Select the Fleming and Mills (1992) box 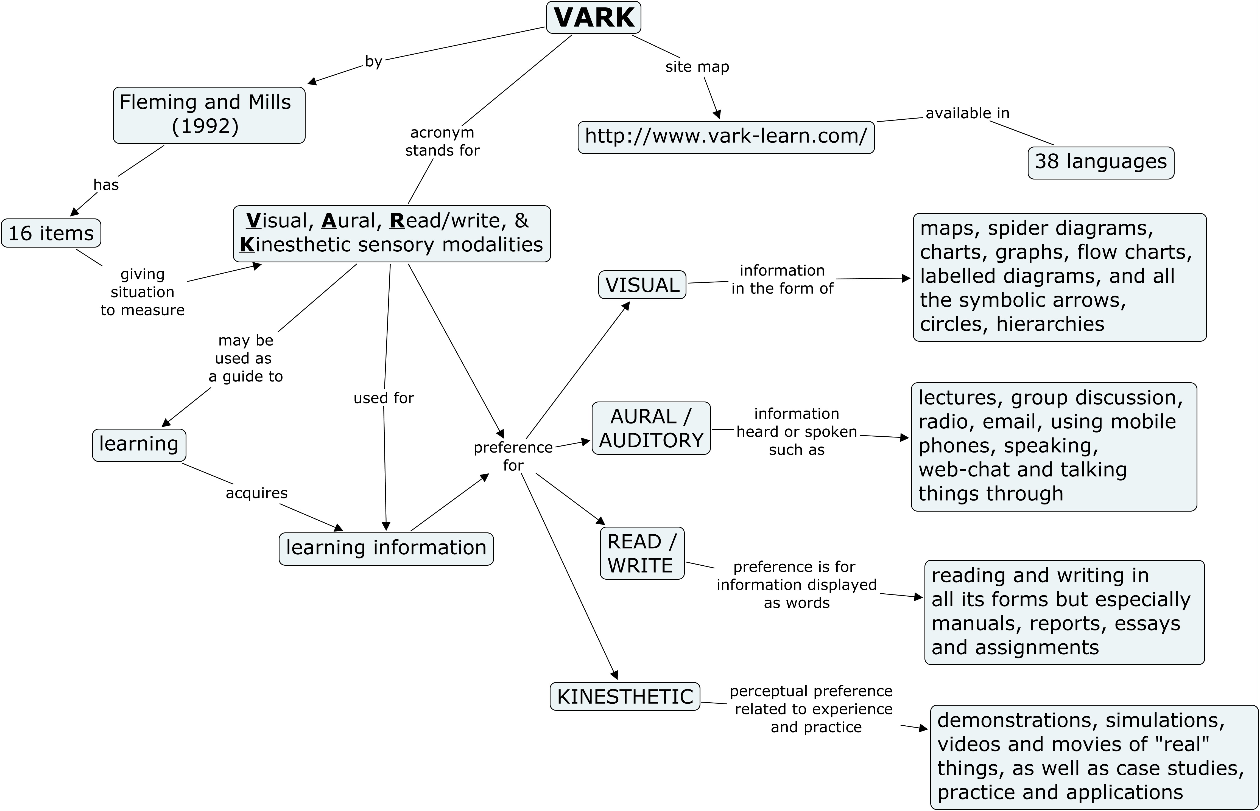(209, 115)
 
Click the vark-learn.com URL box (726, 137)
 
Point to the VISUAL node (642, 285)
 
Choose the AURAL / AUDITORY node (651, 428)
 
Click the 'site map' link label (697, 67)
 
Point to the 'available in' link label (967, 113)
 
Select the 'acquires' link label (256, 493)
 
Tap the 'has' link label (106, 185)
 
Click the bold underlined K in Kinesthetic (247, 245)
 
